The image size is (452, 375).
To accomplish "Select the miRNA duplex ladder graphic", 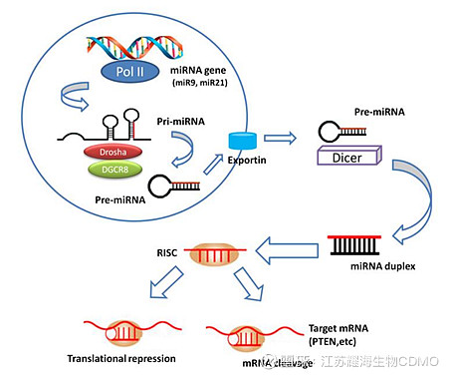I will click(357, 244).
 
